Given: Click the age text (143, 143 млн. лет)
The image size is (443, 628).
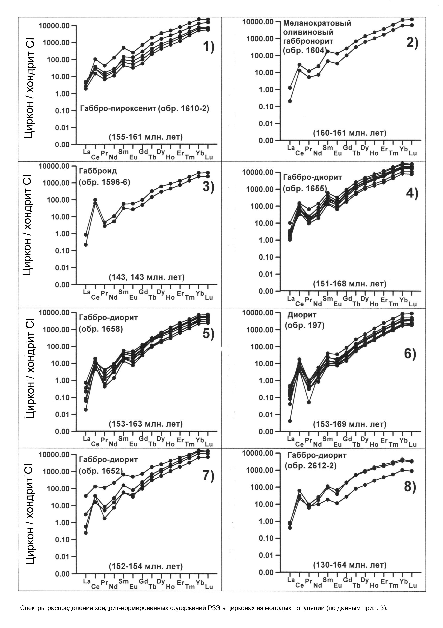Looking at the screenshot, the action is (x=147, y=277).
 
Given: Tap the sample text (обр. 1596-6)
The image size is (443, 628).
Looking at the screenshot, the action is (x=104, y=182).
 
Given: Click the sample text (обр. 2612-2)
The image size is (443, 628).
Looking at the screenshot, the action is (x=311, y=466).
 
